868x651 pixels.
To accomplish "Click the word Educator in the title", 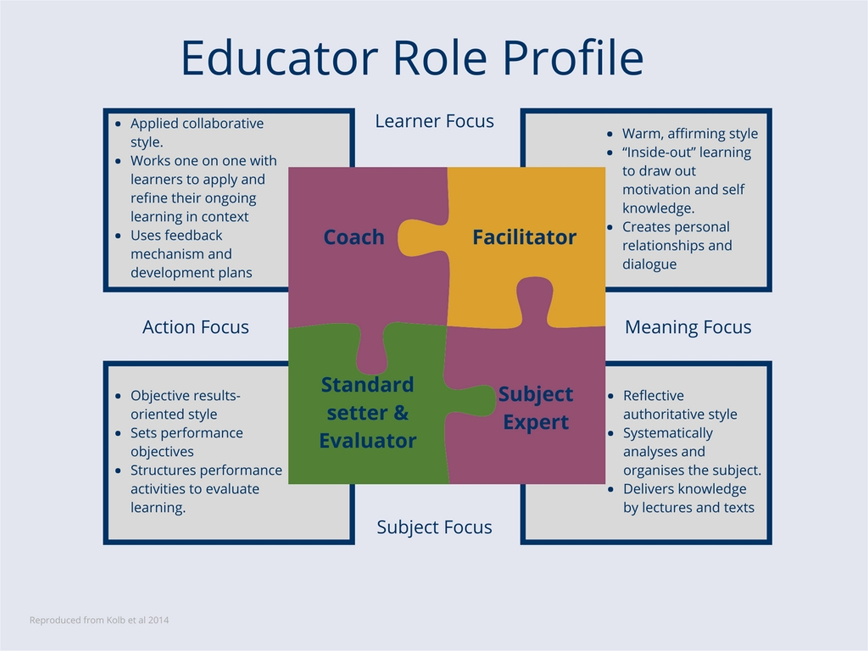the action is pyautogui.click(x=279, y=57).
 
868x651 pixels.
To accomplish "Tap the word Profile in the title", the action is pyautogui.click(x=573, y=57).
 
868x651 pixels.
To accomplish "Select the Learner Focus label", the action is pyautogui.click(x=434, y=121).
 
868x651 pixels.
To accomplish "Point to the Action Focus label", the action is pyautogui.click(x=196, y=327).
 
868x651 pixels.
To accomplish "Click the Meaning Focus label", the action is pyautogui.click(x=687, y=328).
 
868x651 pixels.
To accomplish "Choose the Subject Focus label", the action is pyautogui.click(x=434, y=527).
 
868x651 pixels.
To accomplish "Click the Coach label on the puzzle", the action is pyautogui.click(x=354, y=237).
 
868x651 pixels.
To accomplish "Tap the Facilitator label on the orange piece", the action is pyautogui.click(x=524, y=237).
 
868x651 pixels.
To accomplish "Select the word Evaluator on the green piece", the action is pyautogui.click(x=368, y=441).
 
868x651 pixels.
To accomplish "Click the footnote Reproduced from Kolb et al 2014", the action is pyautogui.click(x=99, y=620).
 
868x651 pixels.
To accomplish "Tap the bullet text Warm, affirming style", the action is pyautogui.click(x=690, y=134).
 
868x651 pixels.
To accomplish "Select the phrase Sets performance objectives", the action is pyautogui.click(x=187, y=442).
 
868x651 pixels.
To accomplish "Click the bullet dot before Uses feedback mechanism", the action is pyautogui.click(x=118, y=236).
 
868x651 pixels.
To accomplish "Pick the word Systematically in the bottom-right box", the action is pyautogui.click(x=668, y=433).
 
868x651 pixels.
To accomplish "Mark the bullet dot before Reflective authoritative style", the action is pyautogui.click(x=610, y=396).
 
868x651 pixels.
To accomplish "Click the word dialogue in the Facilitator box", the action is pyautogui.click(x=649, y=264).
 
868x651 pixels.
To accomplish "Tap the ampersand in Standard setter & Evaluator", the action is pyautogui.click(x=400, y=413).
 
